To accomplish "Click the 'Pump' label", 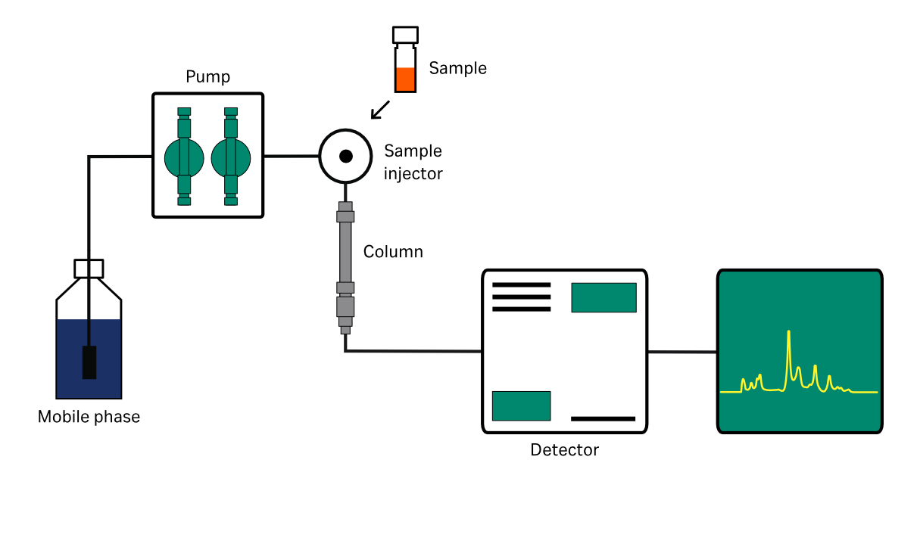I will [x=207, y=77].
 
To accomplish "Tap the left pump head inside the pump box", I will [x=184, y=157].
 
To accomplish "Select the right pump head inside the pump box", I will [x=230, y=157].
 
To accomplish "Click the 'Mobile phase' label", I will [x=89, y=417].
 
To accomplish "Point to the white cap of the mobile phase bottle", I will [x=89, y=269].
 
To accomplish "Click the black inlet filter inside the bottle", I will [x=89, y=362].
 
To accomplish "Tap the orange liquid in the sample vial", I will [x=405, y=79].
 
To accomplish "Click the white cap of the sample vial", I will [x=405, y=35].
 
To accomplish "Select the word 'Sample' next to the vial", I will [x=457, y=68].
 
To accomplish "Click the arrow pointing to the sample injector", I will [x=380, y=109].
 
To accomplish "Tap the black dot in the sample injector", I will [x=345, y=157].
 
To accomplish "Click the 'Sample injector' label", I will [x=413, y=162].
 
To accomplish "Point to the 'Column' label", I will [x=393, y=251].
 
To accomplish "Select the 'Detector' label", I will [x=564, y=450].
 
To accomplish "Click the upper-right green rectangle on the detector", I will [x=604, y=297].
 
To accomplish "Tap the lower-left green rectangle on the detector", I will [x=521, y=405].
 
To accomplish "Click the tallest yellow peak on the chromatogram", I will [x=789, y=337].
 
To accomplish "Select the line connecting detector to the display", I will [x=682, y=352].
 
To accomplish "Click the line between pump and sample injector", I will [x=291, y=157].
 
